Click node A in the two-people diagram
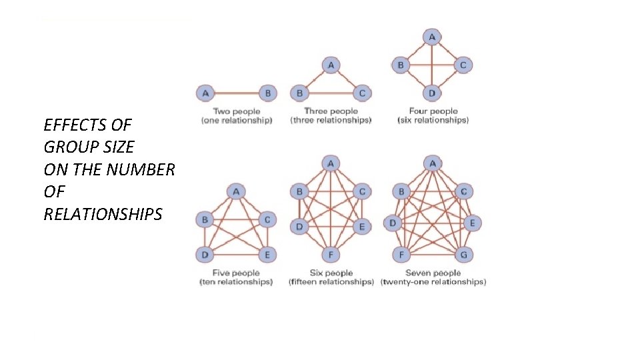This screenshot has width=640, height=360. (x=205, y=93)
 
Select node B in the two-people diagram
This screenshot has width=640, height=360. (x=268, y=93)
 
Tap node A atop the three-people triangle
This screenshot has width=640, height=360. (x=331, y=65)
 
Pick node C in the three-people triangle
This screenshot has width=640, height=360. (x=362, y=93)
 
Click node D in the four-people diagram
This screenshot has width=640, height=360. (x=432, y=93)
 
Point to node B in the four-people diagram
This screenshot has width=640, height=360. (x=401, y=65)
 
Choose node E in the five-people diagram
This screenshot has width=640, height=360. (x=267, y=254)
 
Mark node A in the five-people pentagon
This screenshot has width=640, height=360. (x=236, y=192)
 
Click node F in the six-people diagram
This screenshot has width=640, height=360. (x=331, y=254)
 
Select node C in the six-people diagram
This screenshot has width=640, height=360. (x=362, y=192)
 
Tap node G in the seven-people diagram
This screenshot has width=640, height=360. (x=463, y=254)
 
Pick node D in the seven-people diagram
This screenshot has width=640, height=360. (x=393, y=223)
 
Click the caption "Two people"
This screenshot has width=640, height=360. (x=237, y=111)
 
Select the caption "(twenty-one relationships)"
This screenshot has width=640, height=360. (x=433, y=282)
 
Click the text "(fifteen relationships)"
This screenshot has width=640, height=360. (x=331, y=282)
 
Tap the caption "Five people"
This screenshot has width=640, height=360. (x=237, y=273)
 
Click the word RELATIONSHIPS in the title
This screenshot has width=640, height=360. (x=103, y=215)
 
